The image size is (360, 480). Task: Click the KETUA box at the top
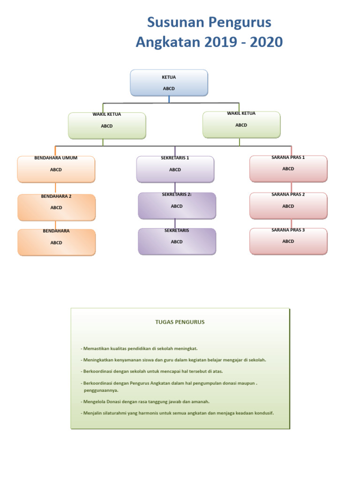click(169, 82)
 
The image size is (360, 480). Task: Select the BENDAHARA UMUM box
click(56, 169)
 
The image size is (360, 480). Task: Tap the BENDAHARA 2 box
click(56, 207)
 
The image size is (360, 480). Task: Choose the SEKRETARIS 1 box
click(175, 169)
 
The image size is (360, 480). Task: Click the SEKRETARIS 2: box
click(177, 206)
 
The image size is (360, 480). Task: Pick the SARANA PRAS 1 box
click(288, 169)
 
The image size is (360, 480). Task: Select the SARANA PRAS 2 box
click(288, 206)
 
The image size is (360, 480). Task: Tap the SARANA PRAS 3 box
click(288, 241)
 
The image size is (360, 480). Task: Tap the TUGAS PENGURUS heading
click(180, 322)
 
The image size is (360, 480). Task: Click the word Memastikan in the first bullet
click(97, 348)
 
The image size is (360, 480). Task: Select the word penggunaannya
click(101, 390)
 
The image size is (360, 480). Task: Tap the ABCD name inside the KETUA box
click(169, 88)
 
